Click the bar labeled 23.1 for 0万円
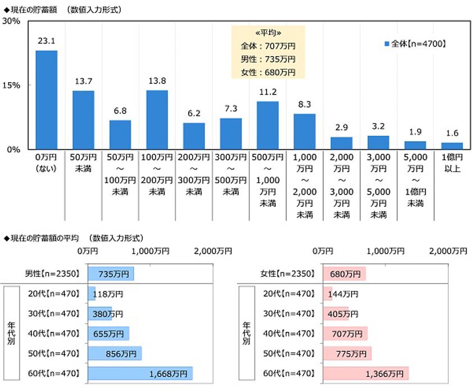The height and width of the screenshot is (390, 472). point(47,100)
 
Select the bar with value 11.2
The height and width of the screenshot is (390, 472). point(267,125)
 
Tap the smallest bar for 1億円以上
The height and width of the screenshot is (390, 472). point(452,146)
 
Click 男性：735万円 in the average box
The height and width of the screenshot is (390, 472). point(268,59)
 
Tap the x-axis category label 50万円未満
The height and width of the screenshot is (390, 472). point(83,163)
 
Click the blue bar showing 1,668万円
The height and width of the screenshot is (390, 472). point(140,374)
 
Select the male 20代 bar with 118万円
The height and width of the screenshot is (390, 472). point(92,293)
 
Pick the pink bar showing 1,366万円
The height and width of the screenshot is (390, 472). point(365,374)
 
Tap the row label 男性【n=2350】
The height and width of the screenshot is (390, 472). point(53,274)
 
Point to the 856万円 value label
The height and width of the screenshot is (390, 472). point(121,354)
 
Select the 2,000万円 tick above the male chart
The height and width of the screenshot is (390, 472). point(213,251)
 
